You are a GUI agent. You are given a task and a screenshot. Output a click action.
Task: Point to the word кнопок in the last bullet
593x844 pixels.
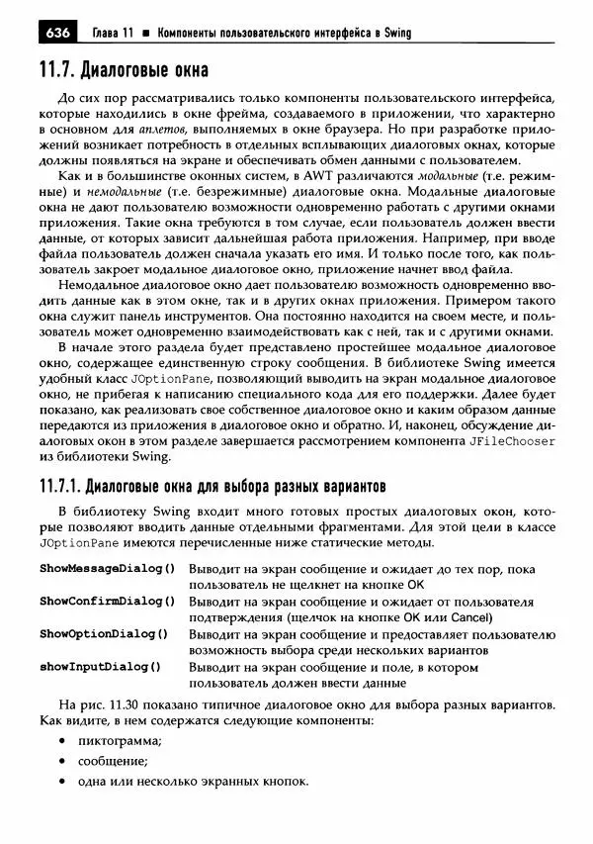point(283,781)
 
